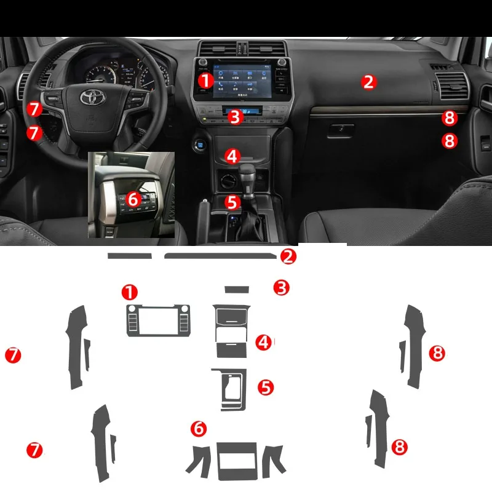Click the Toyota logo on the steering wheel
point(92,98)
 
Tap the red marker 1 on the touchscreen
point(205,79)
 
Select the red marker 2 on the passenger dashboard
point(368,81)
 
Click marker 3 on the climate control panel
point(234,116)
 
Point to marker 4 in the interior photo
point(231,156)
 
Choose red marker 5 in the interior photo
point(231,201)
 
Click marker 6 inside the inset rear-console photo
point(133,199)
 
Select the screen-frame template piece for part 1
point(159,320)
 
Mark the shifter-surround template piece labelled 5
point(231,389)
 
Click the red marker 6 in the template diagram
point(198,428)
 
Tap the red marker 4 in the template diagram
point(264,343)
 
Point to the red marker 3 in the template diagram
point(281,287)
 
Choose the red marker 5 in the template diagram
point(266,387)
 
